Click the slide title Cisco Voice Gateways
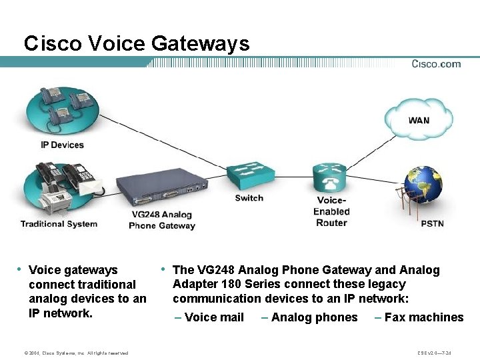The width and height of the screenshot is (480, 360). pyautogui.click(x=137, y=44)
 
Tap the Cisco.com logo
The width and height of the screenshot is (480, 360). pyautogui.click(x=436, y=64)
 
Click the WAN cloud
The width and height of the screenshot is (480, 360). pyautogui.click(x=418, y=120)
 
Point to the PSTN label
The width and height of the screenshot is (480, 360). pyautogui.click(x=432, y=223)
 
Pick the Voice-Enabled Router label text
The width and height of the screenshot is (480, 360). pyautogui.click(x=331, y=211)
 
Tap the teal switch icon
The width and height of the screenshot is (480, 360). pyautogui.click(x=249, y=175)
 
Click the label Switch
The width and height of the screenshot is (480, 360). pyautogui.click(x=249, y=198)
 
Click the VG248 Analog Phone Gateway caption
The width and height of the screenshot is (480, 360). pyautogui.click(x=162, y=220)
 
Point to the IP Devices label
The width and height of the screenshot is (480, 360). pyautogui.click(x=62, y=145)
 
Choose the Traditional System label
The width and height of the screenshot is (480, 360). pyautogui.click(x=59, y=224)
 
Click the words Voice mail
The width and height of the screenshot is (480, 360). pyautogui.click(x=214, y=317)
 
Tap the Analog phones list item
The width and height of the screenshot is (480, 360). pyautogui.click(x=314, y=317)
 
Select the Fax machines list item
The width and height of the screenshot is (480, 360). pyautogui.click(x=423, y=317)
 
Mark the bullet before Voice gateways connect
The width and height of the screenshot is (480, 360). pyautogui.click(x=19, y=269)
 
